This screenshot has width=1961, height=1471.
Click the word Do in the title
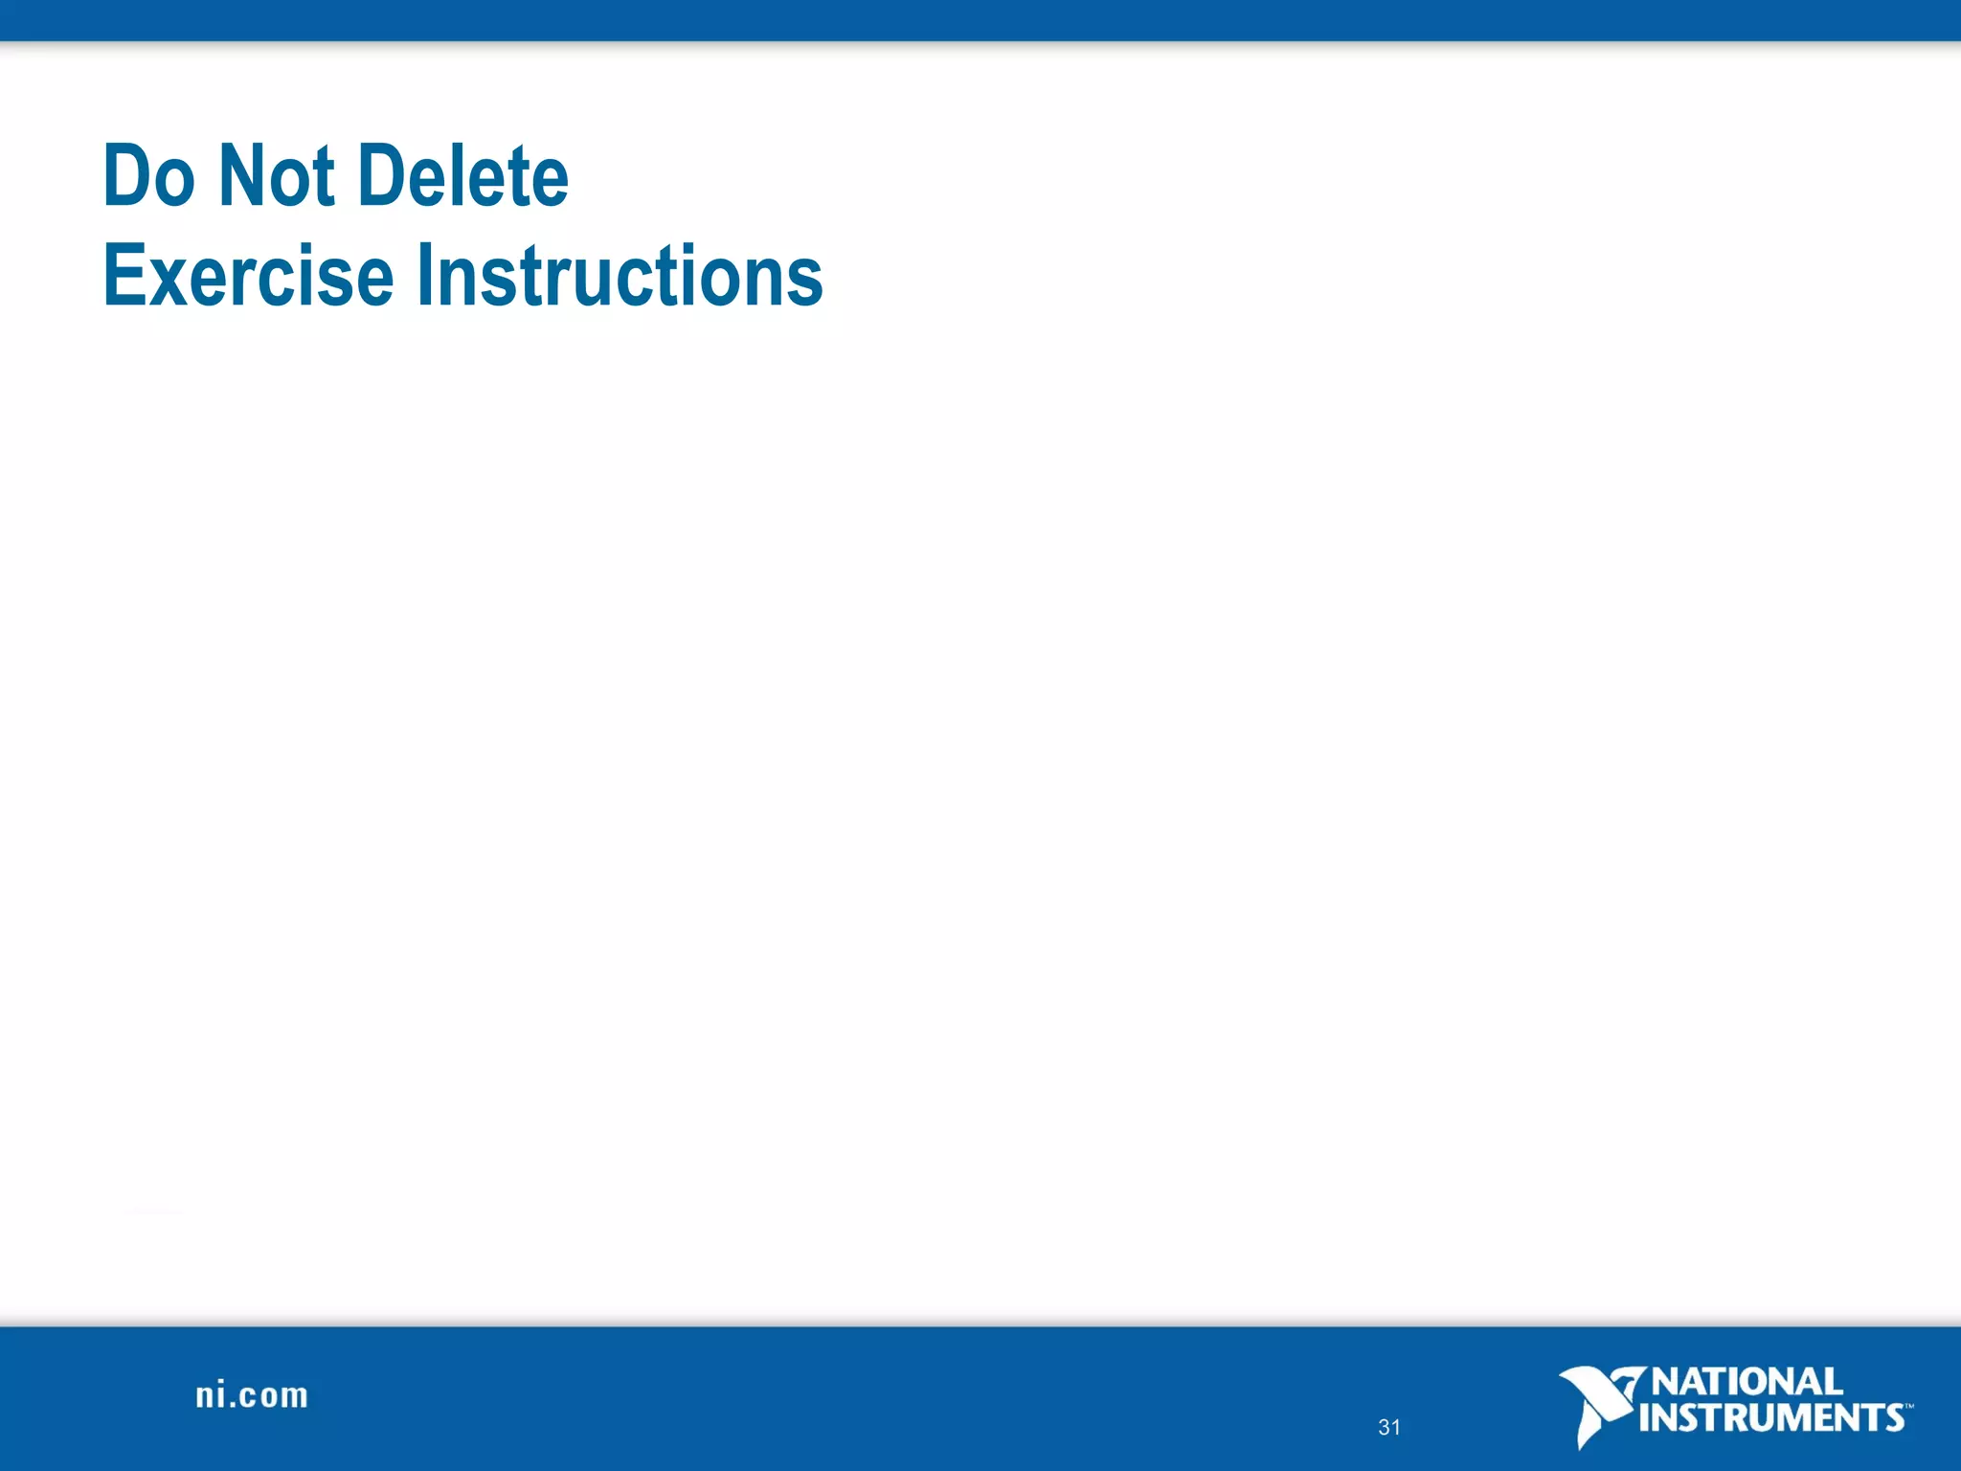pyautogui.click(x=148, y=177)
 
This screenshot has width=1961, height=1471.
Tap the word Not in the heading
pyautogui.click(x=277, y=177)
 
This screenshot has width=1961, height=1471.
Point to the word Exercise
pyautogui.click(x=248, y=278)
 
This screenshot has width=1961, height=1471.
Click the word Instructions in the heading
pyautogui.click(x=620, y=278)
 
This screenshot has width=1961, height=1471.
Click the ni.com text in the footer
pyautogui.click(x=252, y=1395)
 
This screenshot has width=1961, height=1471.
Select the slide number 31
pyautogui.click(x=1388, y=1427)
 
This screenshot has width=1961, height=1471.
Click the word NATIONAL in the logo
pyautogui.click(x=1747, y=1382)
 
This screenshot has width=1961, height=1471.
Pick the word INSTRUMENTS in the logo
pyautogui.click(x=1770, y=1418)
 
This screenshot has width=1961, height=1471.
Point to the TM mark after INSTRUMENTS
pyautogui.click(x=1908, y=1407)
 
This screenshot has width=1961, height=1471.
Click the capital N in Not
pyautogui.click(x=239, y=177)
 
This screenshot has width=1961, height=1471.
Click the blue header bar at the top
pyautogui.click(x=980, y=19)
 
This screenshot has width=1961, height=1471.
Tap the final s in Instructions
pyautogui.click(x=806, y=283)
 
